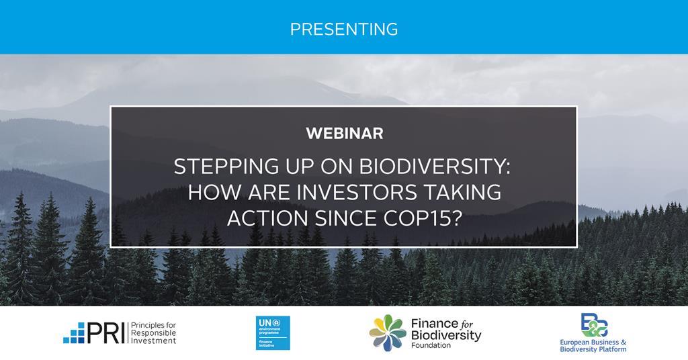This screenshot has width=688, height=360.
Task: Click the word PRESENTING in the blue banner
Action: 344,29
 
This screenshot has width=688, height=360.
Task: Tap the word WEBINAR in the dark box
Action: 344,133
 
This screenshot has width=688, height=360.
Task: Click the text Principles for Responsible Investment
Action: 151,332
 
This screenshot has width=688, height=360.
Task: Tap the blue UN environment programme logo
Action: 273,332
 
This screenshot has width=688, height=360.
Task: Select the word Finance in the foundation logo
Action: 433,324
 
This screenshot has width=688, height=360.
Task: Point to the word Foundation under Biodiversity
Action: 431,345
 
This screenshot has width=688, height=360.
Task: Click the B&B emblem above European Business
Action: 594,325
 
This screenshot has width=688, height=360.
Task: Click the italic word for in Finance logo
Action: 468,324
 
